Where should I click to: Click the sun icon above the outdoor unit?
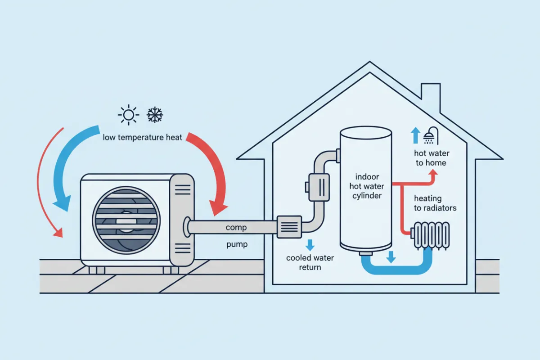click(129, 116)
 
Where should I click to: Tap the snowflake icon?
click(155, 115)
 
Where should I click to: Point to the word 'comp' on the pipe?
click(236, 228)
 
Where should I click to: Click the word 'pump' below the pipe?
click(236, 246)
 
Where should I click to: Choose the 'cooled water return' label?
click(310, 262)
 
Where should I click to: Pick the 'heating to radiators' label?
click(435, 203)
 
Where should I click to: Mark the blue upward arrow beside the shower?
click(415, 135)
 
